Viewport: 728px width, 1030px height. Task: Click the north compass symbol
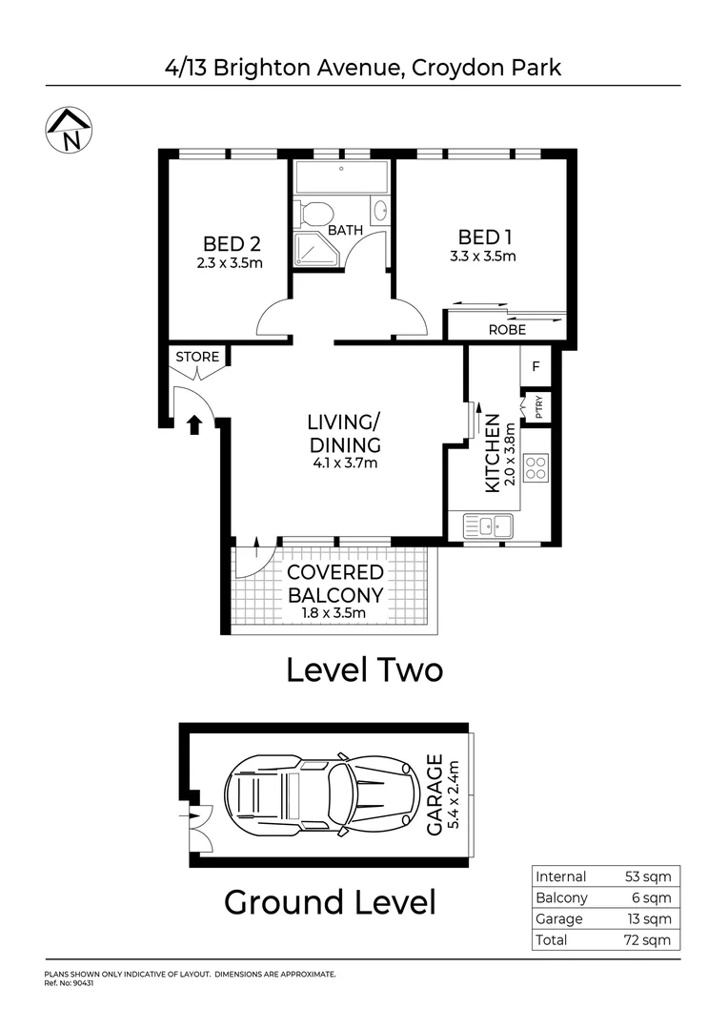pyautogui.click(x=68, y=129)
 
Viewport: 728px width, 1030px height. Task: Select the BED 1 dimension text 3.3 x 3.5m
pyautogui.click(x=483, y=257)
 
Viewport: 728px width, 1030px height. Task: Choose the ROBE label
pyautogui.click(x=507, y=330)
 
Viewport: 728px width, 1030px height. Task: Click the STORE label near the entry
pyautogui.click(x=197, y=358)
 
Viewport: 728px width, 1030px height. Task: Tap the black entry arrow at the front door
pyautogui.click(x=194, y=424)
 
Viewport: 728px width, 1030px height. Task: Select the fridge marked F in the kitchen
pyautogui.click(x=536, y=366)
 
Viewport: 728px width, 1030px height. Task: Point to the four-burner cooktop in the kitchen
pyautogui.click(x=536, y=468)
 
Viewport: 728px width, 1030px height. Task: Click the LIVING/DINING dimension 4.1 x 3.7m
pyautogui.click(x=344, y=464)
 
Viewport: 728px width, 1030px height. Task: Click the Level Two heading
pyautogui.click(x=364, y=670)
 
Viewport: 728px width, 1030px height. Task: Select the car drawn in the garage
pyautogui.click(x=322, y=794)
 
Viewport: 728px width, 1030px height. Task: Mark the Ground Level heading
pyautogui.click(x=330, y=901)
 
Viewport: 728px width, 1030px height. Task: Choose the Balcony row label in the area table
pyautogui.click(x=562, y=898)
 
